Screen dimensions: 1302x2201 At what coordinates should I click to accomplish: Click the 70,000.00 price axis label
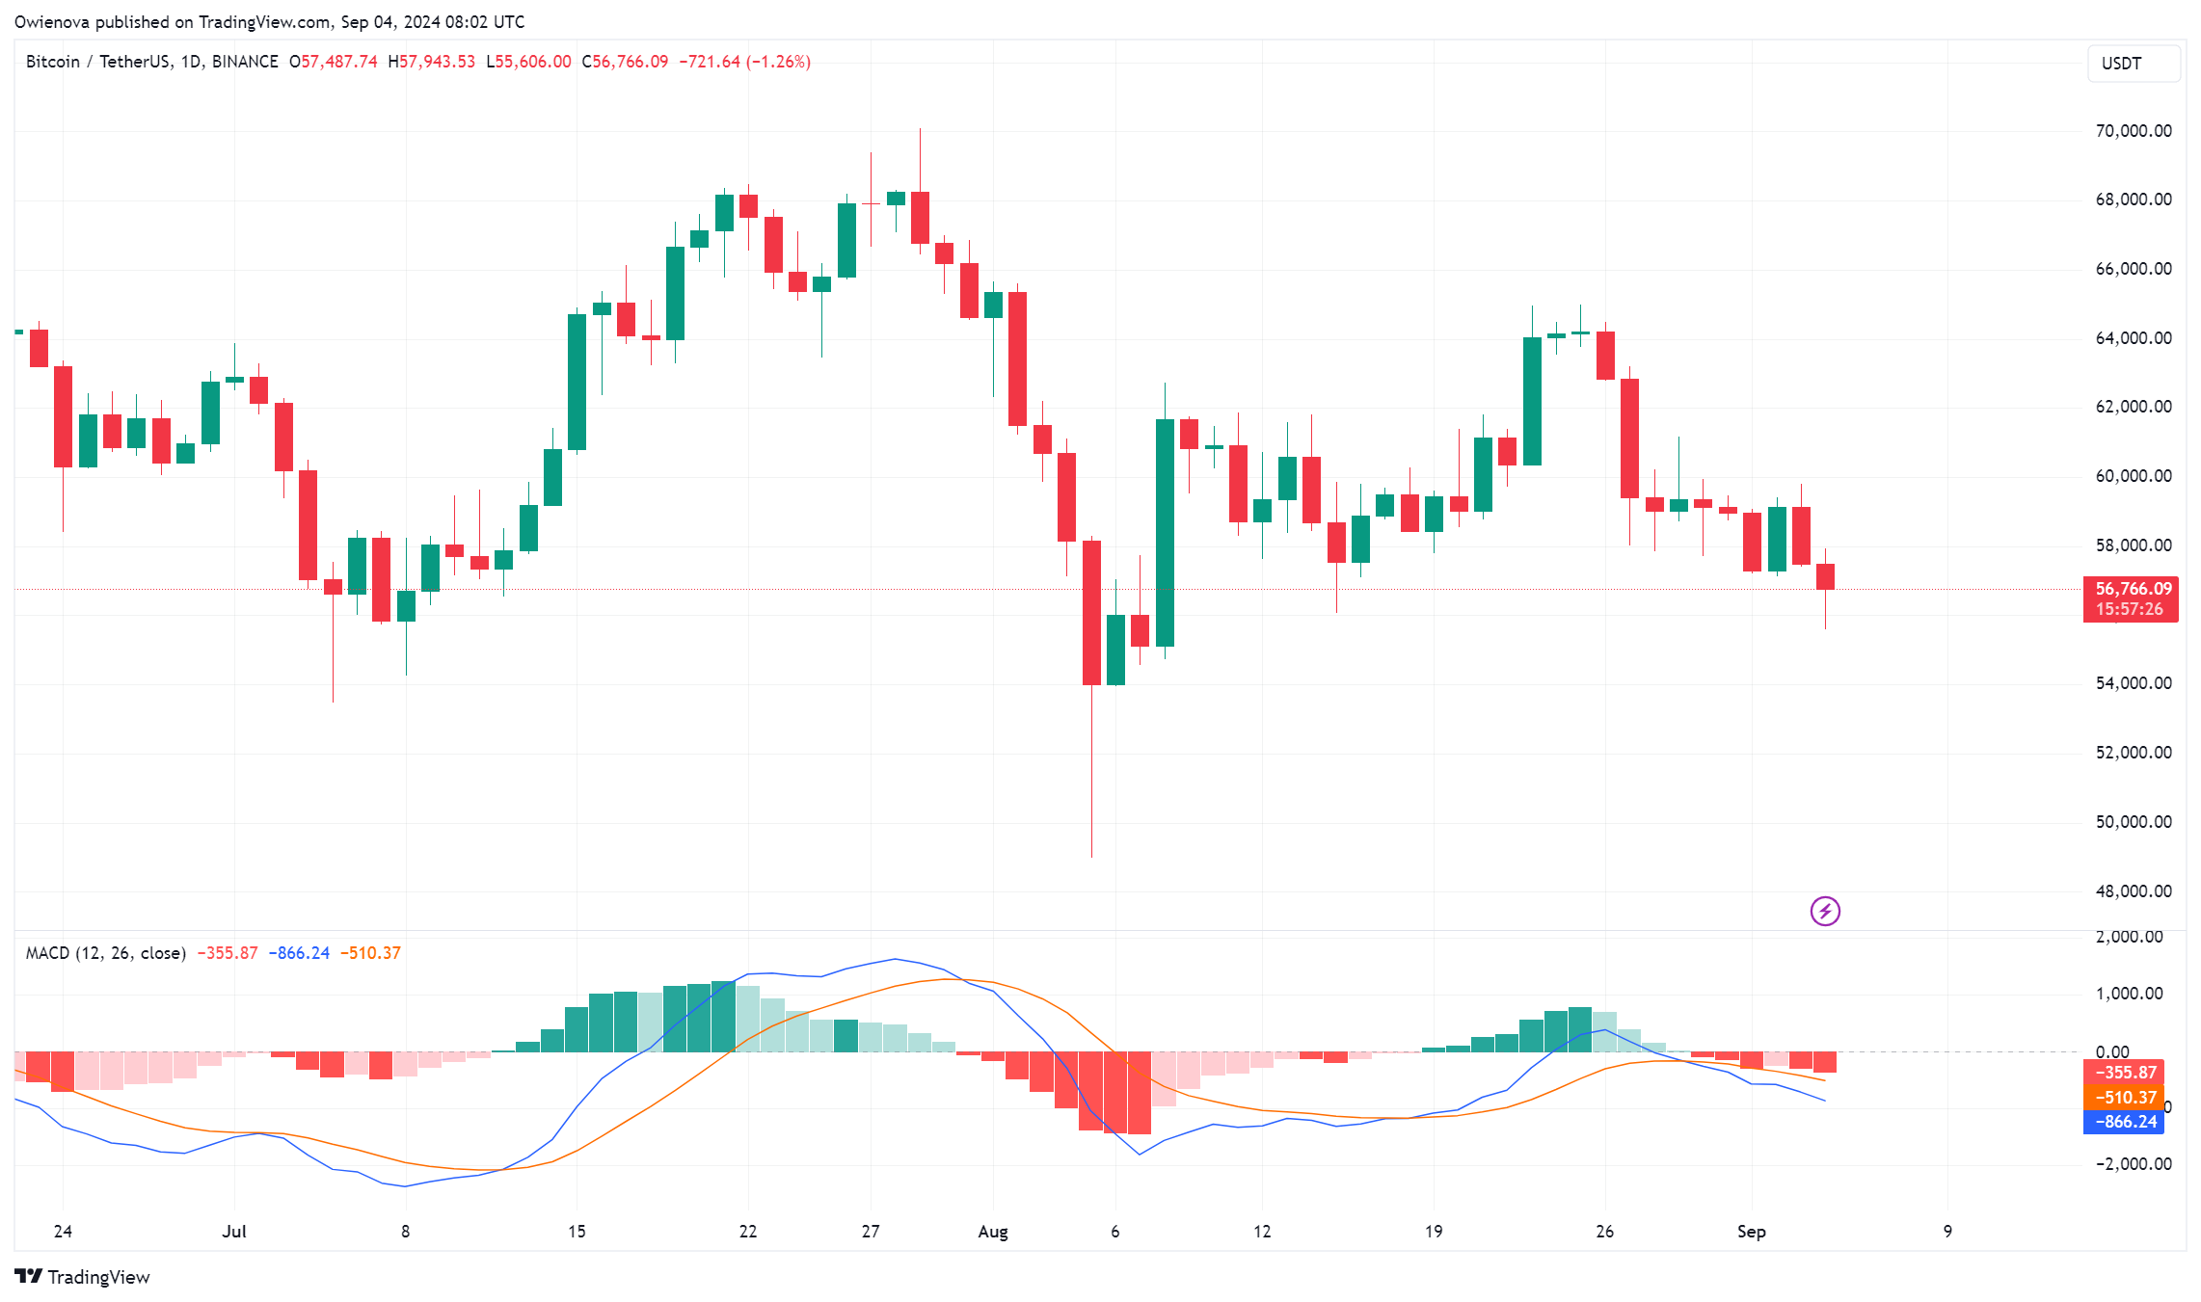click(x=2133, y=131)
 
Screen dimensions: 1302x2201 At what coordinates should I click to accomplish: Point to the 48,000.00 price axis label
click(x=2133, y=891)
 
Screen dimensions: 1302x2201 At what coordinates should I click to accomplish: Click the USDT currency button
click(x=2133, y=64)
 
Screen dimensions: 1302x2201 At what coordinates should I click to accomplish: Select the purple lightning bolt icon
click(x=1824, y=911)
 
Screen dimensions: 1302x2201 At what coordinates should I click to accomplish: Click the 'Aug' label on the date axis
click(x=992, y=1232)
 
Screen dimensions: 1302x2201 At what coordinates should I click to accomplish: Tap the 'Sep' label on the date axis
click(x=1751, y=1232)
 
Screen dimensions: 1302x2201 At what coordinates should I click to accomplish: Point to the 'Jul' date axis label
click(x=233, y=1232)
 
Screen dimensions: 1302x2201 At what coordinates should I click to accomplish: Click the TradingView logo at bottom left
click(x=83, y=1277)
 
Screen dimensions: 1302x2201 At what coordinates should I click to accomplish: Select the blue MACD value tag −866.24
click(x=2124, y=1122)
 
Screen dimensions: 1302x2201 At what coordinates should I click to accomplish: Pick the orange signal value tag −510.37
click(x=2124, y=1098)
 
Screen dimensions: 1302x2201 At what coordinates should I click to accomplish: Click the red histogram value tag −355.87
click(x=2124, y=1073)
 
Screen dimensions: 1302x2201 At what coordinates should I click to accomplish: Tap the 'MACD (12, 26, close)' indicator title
click(x=105, y=953)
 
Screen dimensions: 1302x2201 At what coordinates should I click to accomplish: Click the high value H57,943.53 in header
click(x=432, y=62)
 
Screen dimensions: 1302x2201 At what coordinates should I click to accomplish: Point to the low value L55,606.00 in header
click(x=528, y=62)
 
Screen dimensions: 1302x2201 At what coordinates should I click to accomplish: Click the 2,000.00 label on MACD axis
click(x=2129, y=937)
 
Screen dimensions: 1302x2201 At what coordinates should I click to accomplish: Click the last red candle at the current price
click(x=1825, y=576)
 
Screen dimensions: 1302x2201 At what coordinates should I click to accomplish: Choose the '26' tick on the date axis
click(x=1604, y=1232)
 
